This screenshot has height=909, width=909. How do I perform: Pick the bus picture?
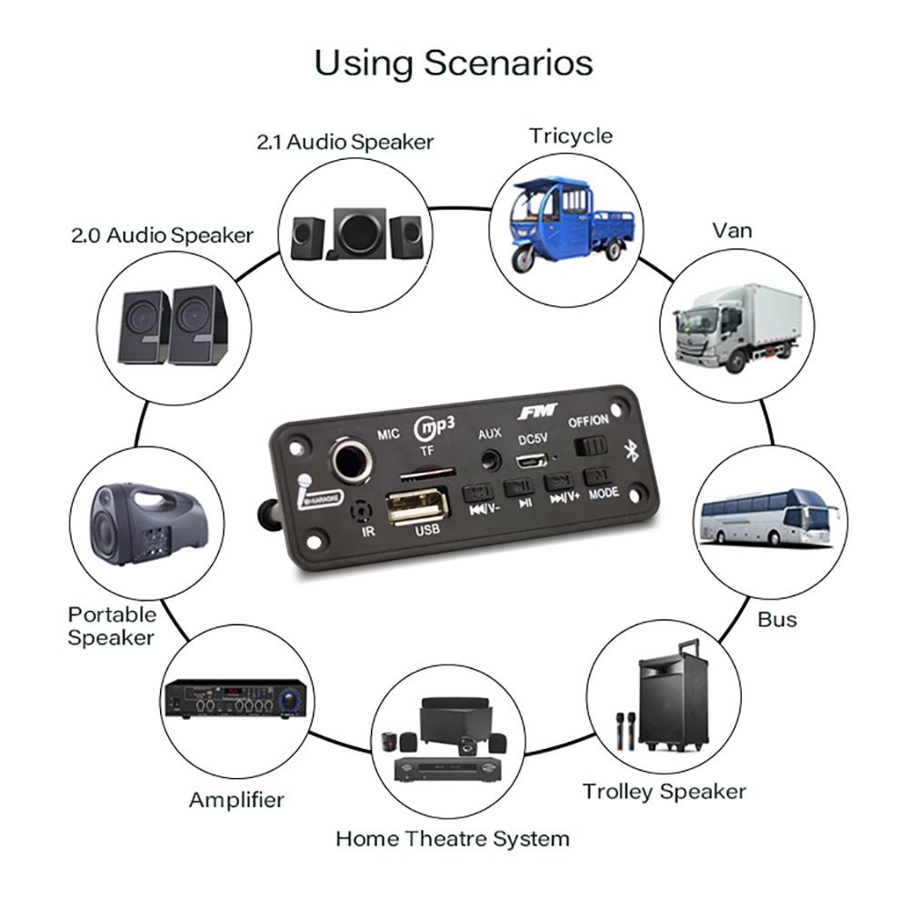coord(769,519)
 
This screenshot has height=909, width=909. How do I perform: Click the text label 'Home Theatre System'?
coord(453,838)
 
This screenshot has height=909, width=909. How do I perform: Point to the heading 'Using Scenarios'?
coord(454,63)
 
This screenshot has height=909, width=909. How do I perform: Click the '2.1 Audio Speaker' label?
coord(345,142)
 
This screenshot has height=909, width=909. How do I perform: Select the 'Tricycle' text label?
coord(571,136)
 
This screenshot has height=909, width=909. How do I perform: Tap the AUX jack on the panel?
coord(492,458)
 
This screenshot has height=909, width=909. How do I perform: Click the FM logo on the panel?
coord(537,415)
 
